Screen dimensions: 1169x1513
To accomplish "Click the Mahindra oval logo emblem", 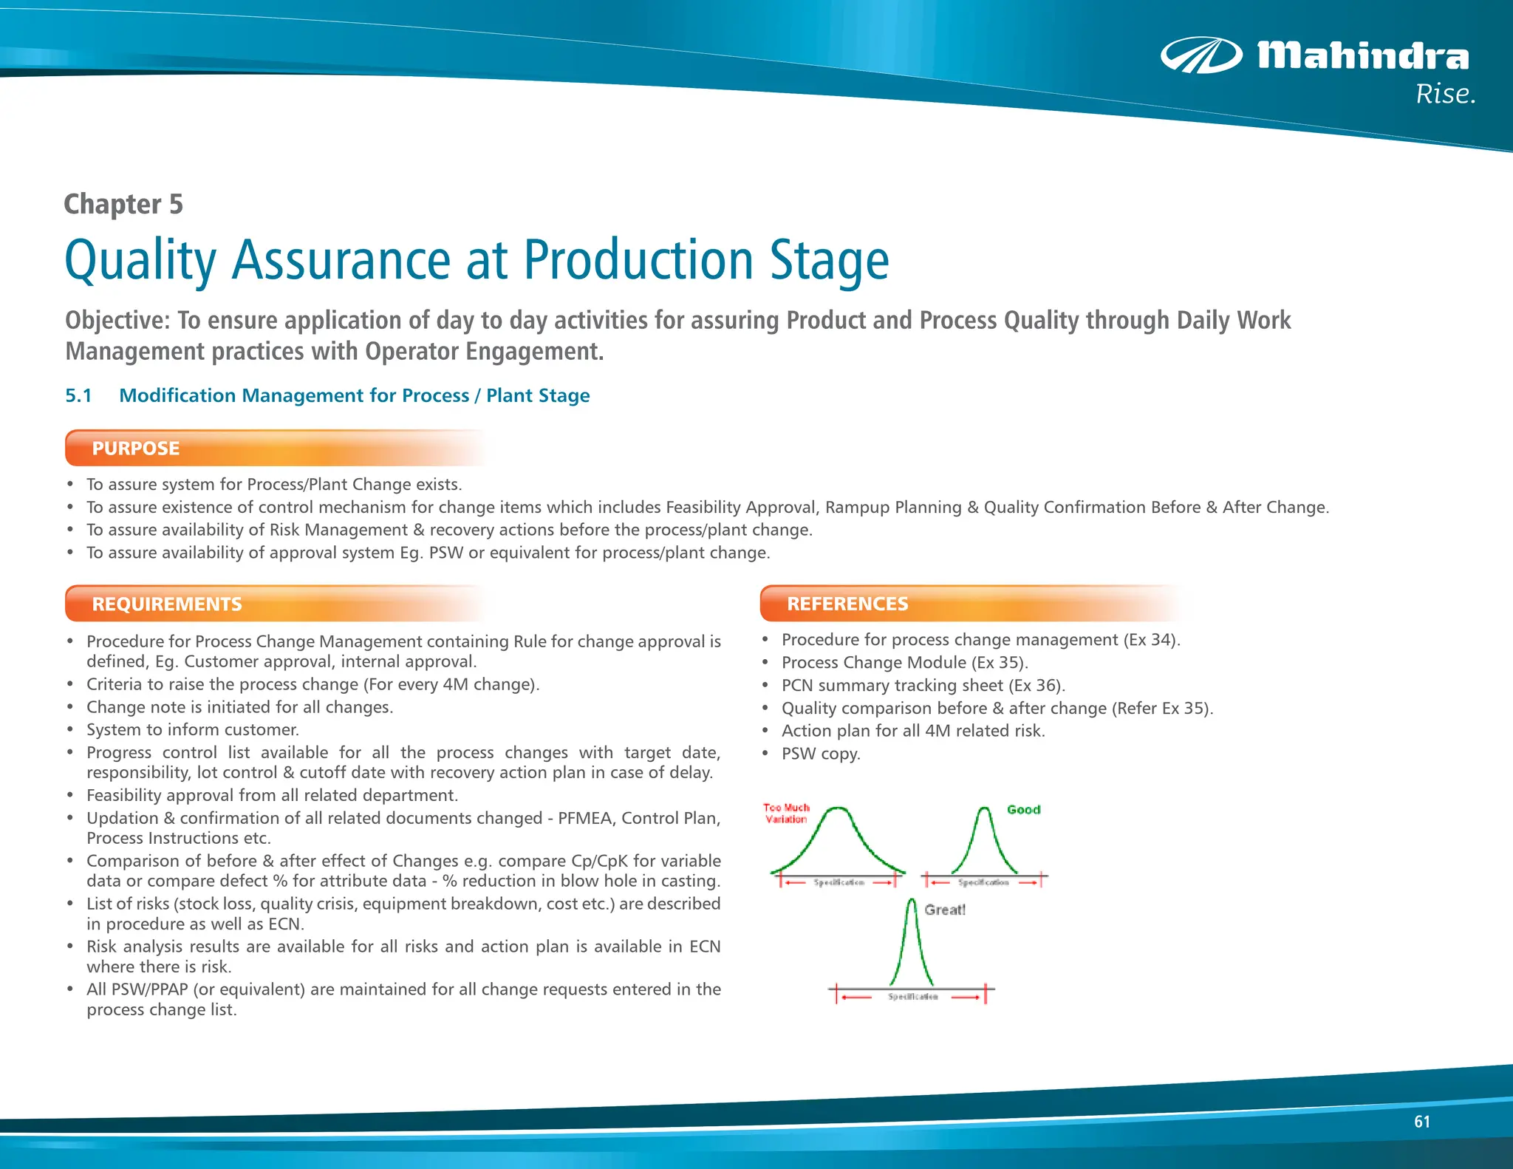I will [x=1201, y=55].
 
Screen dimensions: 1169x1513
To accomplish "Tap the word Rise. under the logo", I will [x=1445, y=95].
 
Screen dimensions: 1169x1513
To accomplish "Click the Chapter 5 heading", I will [x=123, y=204].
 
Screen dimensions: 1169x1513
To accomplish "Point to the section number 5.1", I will [x=78, y=395].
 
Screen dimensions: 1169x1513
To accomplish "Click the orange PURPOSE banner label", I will [x=136, y=449].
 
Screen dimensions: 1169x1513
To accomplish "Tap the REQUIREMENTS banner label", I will [x=167, y=604].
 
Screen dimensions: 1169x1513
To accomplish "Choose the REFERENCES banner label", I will [x=847, y=604].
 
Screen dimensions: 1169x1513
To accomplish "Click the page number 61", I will [x=1421, y=1122].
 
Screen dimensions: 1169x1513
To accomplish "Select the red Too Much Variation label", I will [x=786, y=814].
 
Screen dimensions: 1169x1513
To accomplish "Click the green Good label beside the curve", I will [x=1023, y=810].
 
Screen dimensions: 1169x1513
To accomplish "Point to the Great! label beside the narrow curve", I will [x=945, y=910].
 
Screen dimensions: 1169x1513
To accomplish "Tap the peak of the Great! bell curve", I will [x=912, y=902].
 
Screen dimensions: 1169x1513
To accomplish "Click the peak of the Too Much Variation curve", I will [x=838, y=809].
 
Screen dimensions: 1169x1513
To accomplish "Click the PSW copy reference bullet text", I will [x=821, y=754].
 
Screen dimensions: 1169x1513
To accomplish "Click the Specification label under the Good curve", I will [x=983, y=882].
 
